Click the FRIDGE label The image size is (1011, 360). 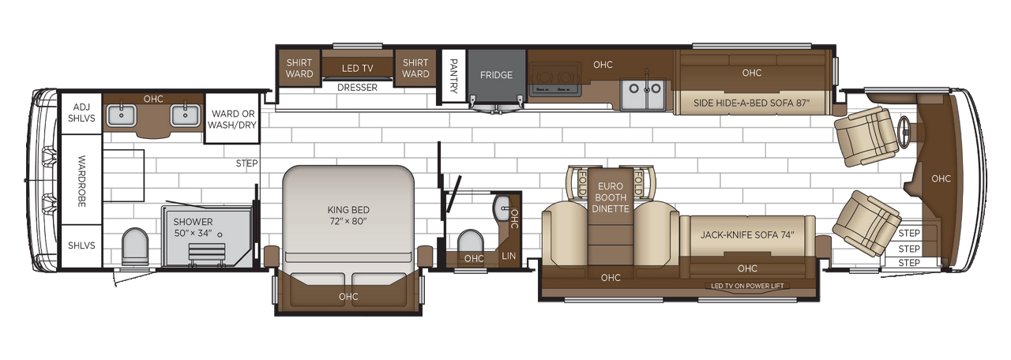pyautogui.click(x=496, y=75)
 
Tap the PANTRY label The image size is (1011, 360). pyautogui.click(x=454, y=76)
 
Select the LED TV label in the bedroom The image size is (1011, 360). pyautogui.click(x=357, y=68)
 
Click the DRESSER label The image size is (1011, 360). pyautogui.click(x=357, y=88)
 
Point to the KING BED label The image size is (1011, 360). pyautogui.click(x=348, y=216)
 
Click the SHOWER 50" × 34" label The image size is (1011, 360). pyautogui.click(x=194, y=227)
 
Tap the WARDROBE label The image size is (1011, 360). pyautogui.click(x=81, y=181)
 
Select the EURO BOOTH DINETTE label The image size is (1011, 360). pyautogui.click(x=612, y=197)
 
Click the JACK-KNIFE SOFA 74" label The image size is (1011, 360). pyautogui.click(x=746, y=234)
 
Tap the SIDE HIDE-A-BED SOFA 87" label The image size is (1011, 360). pyautogui.click(x=752, y=103)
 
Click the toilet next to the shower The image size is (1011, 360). pyautogui.click(x=135, y=246)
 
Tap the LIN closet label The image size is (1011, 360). pyautogui.click(x=509, y=256)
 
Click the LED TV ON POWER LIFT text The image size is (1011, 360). pyautogui.click(x=747, y=286)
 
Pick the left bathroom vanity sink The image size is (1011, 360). pyautogui.click(x=122, y=115)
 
